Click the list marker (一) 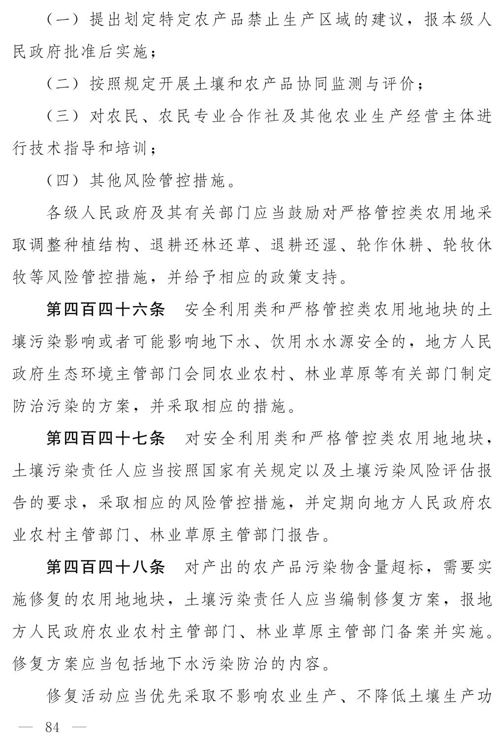(63, 20)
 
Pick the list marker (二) (63, 84)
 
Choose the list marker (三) (63, 117)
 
